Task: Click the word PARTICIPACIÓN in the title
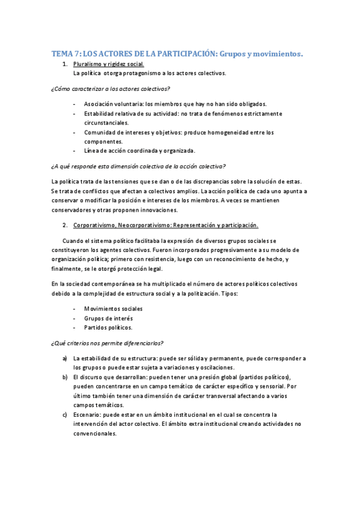(x=183, y=54)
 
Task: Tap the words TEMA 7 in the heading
(x=64, y=54)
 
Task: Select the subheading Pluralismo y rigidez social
(x=108, y=64)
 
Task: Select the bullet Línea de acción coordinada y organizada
(x=140, y=150)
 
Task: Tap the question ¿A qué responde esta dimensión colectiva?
(x=138, y=167)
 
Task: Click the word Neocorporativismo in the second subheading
(x=145, y=225)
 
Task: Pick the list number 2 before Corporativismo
(x=64, y=225)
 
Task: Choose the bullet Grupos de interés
(x=109, y=318)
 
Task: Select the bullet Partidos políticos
(x=108, y=327)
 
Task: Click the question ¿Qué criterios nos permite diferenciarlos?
(x=108, y=343)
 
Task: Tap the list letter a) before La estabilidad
(x=64, y=358)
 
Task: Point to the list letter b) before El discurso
(x=64, y=377)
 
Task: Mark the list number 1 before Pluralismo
(x=64, y=64)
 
